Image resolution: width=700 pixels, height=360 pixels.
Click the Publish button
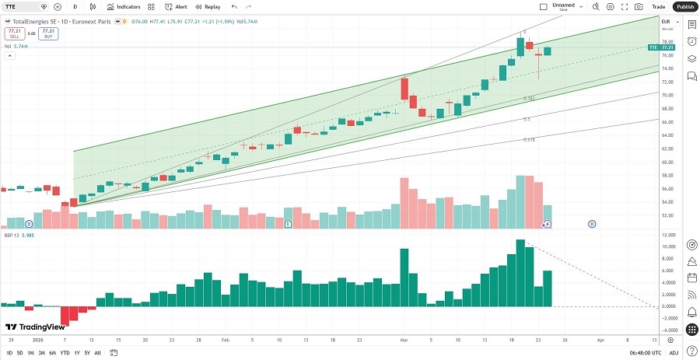(684, 6)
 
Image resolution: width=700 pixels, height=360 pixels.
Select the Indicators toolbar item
(124, 6)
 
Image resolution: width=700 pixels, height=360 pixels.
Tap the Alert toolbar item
(176, 6)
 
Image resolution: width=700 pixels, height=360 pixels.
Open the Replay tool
(208, 6)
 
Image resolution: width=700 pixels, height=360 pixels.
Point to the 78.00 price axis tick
(667, 42)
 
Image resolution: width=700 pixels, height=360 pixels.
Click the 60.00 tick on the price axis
(667, 162)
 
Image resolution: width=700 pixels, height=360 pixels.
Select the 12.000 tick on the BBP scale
(667, 235)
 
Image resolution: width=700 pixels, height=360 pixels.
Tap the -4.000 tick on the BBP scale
(667, 330)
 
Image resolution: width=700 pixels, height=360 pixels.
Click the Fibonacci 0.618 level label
(528, 140)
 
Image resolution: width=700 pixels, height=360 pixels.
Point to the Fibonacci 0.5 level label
(527, 120)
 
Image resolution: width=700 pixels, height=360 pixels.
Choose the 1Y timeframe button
(76, 353)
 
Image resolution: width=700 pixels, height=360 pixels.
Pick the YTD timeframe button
(64, 353)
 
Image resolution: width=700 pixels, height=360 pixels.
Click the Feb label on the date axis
(225, 341)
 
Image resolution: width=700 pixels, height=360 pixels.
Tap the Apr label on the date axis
(600, 341)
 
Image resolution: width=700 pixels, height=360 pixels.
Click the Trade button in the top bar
(658, 6)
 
